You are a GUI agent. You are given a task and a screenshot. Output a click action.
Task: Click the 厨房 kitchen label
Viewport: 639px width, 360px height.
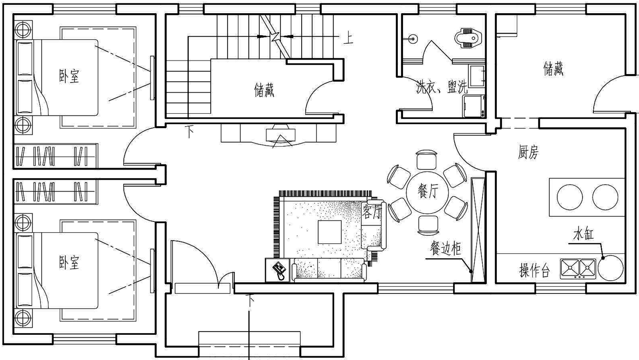pos(528,152)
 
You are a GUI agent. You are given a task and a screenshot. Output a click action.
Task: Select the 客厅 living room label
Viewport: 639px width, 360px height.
pos(372,211)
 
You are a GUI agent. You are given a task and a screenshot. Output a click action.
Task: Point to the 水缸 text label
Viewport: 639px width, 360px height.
pos(583,234)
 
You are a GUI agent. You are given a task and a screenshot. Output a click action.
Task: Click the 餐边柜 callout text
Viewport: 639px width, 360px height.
pos(445,248)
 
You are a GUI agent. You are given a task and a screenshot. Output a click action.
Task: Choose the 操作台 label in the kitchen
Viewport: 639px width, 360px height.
pos(534,270)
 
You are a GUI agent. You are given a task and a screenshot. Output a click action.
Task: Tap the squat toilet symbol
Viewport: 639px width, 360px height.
pos(468,37)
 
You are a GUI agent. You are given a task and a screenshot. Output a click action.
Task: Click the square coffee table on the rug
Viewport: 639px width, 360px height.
pos(330,232)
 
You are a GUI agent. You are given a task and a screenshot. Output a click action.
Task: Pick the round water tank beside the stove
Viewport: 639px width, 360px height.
pos(610,268)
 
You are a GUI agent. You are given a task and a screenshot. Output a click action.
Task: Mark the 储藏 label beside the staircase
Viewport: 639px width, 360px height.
pos(264,90)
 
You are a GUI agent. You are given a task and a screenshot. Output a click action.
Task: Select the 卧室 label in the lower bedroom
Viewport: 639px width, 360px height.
pos(69,262)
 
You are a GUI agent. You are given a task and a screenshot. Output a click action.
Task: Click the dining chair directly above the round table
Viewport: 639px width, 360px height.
pos(426,160)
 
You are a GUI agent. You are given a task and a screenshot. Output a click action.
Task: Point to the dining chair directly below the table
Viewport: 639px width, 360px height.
pos(428,225)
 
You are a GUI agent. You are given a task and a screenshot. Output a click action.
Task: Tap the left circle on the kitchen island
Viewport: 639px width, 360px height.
pos(570,197)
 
